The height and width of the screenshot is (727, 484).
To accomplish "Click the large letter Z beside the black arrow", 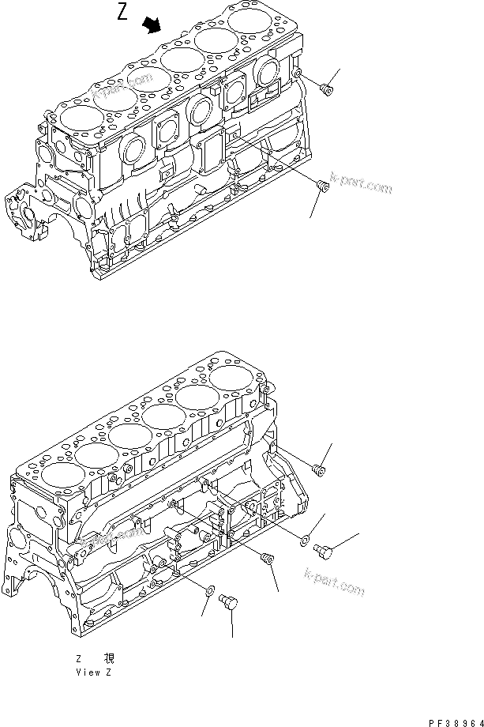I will [123, 13].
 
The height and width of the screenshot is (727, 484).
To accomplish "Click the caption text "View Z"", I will [93, 672].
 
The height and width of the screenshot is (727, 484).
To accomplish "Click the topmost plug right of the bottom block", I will [319, 469].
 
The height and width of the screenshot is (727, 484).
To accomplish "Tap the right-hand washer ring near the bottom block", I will [305, 539].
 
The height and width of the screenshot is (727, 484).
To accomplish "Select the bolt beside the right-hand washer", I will [325, 550].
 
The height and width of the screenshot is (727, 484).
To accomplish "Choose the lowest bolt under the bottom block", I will [230, 603].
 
